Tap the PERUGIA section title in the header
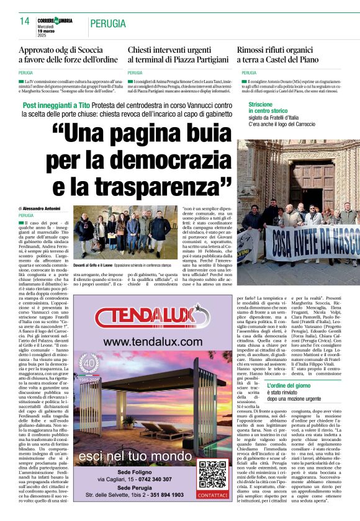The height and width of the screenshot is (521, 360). (x=109, y=24)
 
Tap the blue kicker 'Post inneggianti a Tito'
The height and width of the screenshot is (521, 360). (x=55, y=106)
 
